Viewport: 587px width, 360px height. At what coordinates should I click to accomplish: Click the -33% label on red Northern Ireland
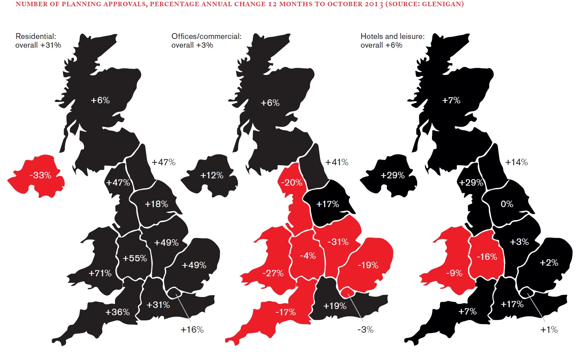point(40,175)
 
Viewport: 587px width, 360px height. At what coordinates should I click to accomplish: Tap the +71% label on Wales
point(100,273)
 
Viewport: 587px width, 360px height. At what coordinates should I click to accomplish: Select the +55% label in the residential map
point(135,258)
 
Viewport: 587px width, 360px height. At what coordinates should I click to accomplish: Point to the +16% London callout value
point(192,330)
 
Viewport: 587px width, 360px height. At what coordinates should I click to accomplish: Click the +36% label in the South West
point(117,312)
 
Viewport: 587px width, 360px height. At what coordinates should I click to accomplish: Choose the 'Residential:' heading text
point(36,36)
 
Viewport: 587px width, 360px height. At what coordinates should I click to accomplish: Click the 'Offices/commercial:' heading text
point(206,36)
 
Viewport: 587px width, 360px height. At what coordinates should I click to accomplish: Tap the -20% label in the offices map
point(291,182)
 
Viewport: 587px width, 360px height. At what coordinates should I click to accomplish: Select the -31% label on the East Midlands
point(338,242)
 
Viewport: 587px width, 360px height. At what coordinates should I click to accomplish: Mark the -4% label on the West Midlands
point(308,256)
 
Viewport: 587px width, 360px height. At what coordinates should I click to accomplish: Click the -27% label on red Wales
point(273,273)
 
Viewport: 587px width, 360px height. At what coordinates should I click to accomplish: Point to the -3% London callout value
point(365,330)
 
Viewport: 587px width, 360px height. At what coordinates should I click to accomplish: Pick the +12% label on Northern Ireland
point(211,175)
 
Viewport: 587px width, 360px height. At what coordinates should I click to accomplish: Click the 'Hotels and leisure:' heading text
point(392,36)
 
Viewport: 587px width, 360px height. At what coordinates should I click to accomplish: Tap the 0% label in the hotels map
point(507,204)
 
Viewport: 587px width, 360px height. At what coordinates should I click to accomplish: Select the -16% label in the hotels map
point(487,257)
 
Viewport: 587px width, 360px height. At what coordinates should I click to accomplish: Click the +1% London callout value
point(549,330)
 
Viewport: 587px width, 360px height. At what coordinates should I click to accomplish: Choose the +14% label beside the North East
point(516,162)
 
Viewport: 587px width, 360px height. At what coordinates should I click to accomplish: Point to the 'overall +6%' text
point(381,46)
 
